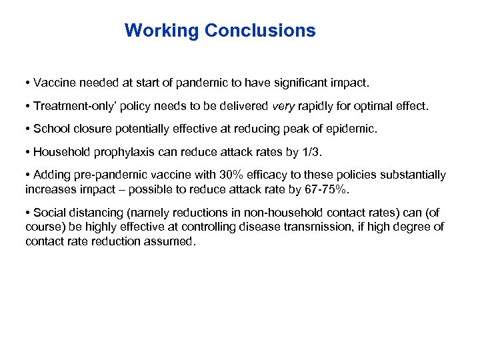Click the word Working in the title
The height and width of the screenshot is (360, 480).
click(x=162, y=31)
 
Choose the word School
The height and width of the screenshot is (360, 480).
click(x=49, y=129)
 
